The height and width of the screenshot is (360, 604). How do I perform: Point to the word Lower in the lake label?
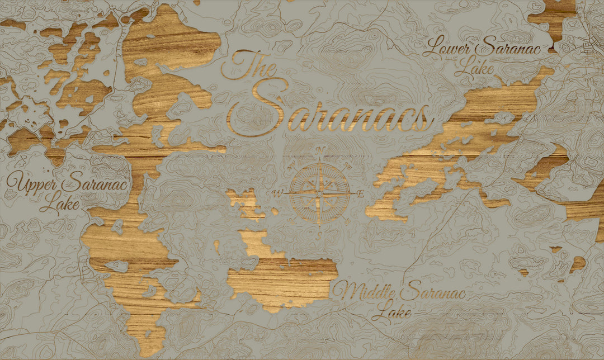(451, 48)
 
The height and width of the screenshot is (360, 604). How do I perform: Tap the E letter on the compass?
(361, 193)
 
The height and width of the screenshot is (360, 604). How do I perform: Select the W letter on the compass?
(276, 193)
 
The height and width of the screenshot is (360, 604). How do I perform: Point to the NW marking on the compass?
(292, 167)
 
